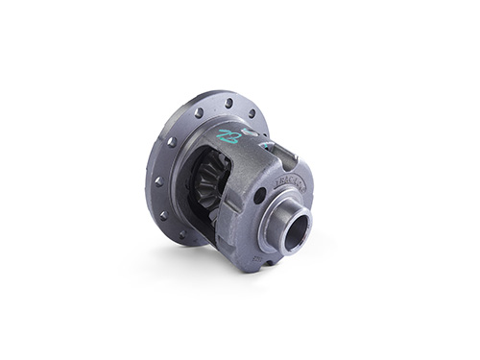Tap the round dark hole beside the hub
click(x=260, y=196)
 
